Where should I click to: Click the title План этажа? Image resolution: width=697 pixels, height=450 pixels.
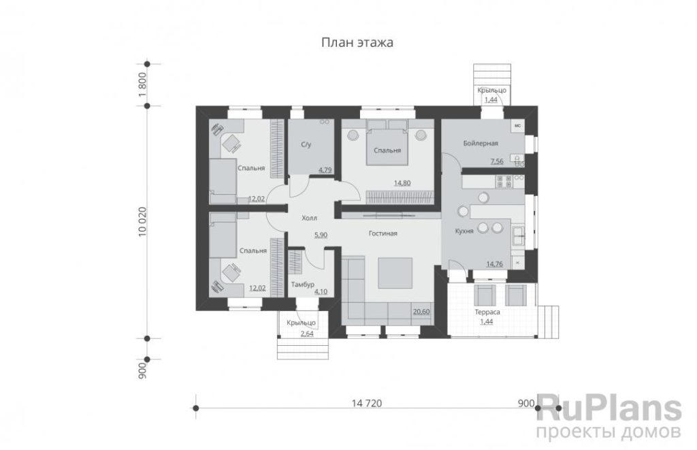[x=357, y=43]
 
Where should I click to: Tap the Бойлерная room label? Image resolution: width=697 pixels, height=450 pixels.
[x=481, y=143]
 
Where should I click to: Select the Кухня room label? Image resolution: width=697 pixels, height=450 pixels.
[x=464, y=231]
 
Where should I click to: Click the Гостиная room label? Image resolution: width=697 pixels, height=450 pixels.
[x=383, y=234]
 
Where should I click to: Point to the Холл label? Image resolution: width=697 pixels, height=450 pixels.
[x=310, y=218]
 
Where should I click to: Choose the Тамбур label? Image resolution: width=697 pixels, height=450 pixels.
[x=303, y=284]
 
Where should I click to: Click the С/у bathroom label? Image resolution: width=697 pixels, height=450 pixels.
[x=306, y=144]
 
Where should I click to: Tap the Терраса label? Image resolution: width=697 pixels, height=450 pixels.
[x=487, y=312]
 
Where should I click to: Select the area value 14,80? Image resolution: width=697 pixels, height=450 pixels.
[x=402, y=182]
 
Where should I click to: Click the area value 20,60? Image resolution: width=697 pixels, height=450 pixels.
[x=421, y=311]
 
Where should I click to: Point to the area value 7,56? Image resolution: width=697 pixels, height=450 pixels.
[x=497, y=161]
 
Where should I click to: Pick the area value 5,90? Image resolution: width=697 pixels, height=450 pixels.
[x=321, y=234]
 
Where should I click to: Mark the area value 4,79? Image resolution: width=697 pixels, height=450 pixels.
[x=325, y=170]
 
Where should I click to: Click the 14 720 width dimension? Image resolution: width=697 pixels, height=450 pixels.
[x=367, y=403]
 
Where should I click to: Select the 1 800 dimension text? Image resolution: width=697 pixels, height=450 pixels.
[x=142, y=84]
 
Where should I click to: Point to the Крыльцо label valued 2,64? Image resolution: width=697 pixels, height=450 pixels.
[x=301, y=323]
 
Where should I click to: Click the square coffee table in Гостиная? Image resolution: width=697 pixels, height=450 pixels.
[x=395, y=272]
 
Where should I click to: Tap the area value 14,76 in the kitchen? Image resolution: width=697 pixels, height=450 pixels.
[x=494, y=263]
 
